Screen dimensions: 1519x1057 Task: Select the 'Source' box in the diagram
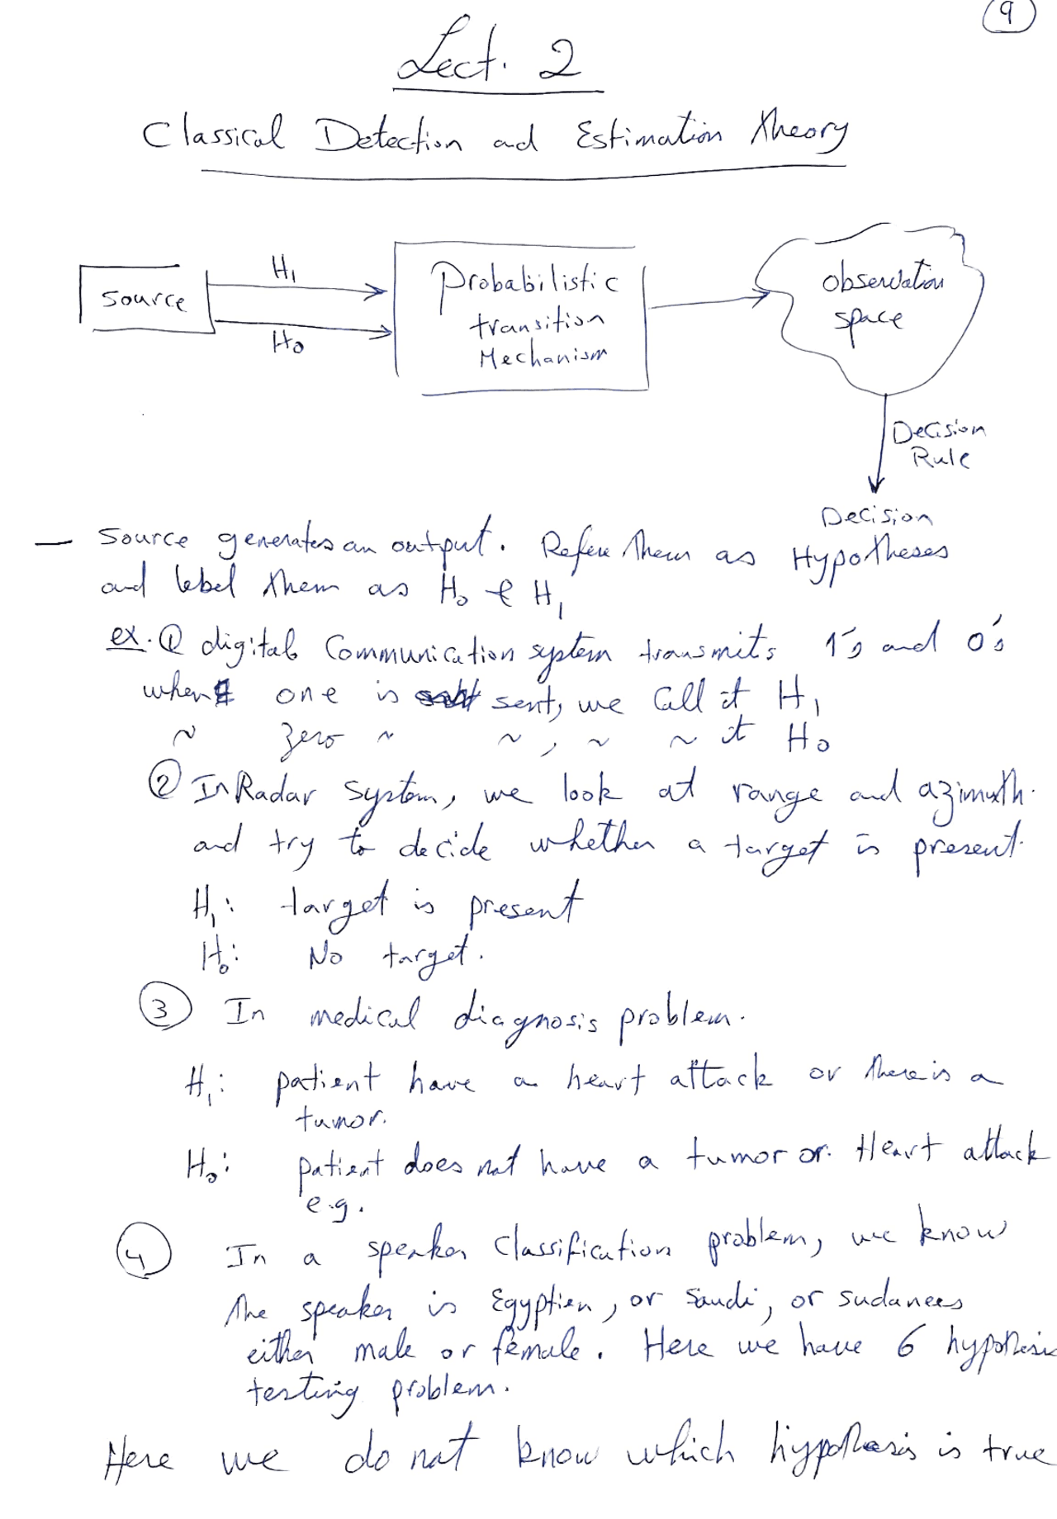145,299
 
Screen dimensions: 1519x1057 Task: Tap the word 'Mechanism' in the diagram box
543,357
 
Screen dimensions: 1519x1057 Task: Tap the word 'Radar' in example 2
277,794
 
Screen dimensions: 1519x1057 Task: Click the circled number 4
143,1252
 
